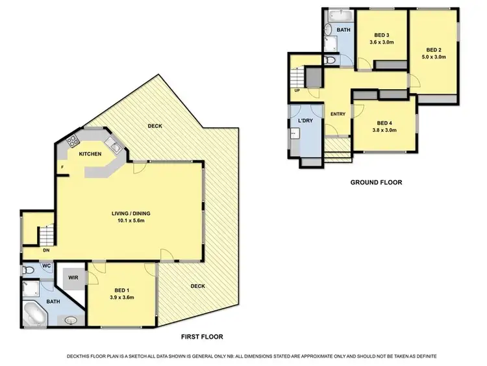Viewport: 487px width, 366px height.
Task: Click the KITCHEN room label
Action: [91, 154]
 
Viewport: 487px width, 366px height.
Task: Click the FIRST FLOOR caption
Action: [202, 337]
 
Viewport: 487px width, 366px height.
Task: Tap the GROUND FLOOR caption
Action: [376, 183]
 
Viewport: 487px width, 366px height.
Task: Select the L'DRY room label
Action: [305, 122]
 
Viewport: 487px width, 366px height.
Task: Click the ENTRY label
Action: [338, 114]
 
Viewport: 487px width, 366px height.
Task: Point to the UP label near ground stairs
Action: [297, 90]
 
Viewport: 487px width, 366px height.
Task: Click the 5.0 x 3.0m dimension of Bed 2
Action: [434, 57]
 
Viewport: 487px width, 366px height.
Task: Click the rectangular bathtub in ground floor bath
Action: [337, 15]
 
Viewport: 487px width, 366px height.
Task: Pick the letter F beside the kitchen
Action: [62, 167]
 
